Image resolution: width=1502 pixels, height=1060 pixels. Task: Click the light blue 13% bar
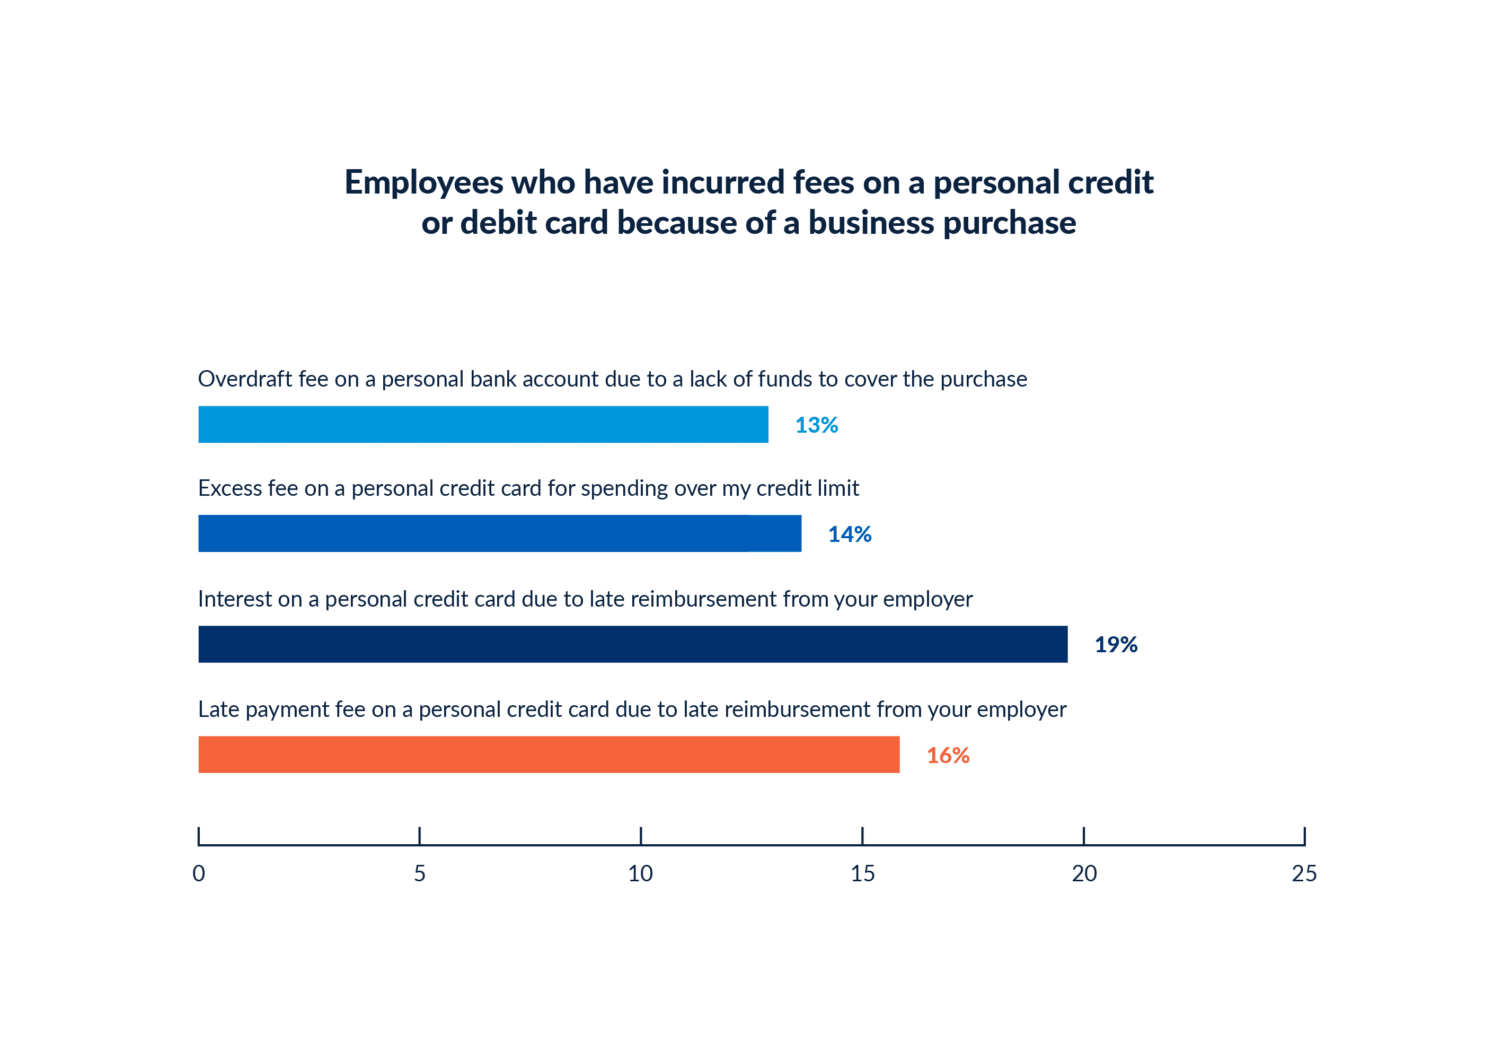[x=483, y=424]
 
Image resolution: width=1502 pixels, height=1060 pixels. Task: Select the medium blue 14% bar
[x=499, y=533]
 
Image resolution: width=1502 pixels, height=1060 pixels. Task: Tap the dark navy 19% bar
[x=633, y=644]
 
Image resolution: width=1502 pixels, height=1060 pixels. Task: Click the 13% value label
[x=816, y=425]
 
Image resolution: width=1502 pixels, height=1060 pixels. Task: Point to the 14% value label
[x=849, y=535]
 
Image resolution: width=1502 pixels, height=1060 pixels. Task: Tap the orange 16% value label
[x=948, y=756]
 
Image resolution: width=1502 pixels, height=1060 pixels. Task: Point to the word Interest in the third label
[x=235, y=599]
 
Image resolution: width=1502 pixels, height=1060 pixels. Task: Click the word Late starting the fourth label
[x=218, y=709]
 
